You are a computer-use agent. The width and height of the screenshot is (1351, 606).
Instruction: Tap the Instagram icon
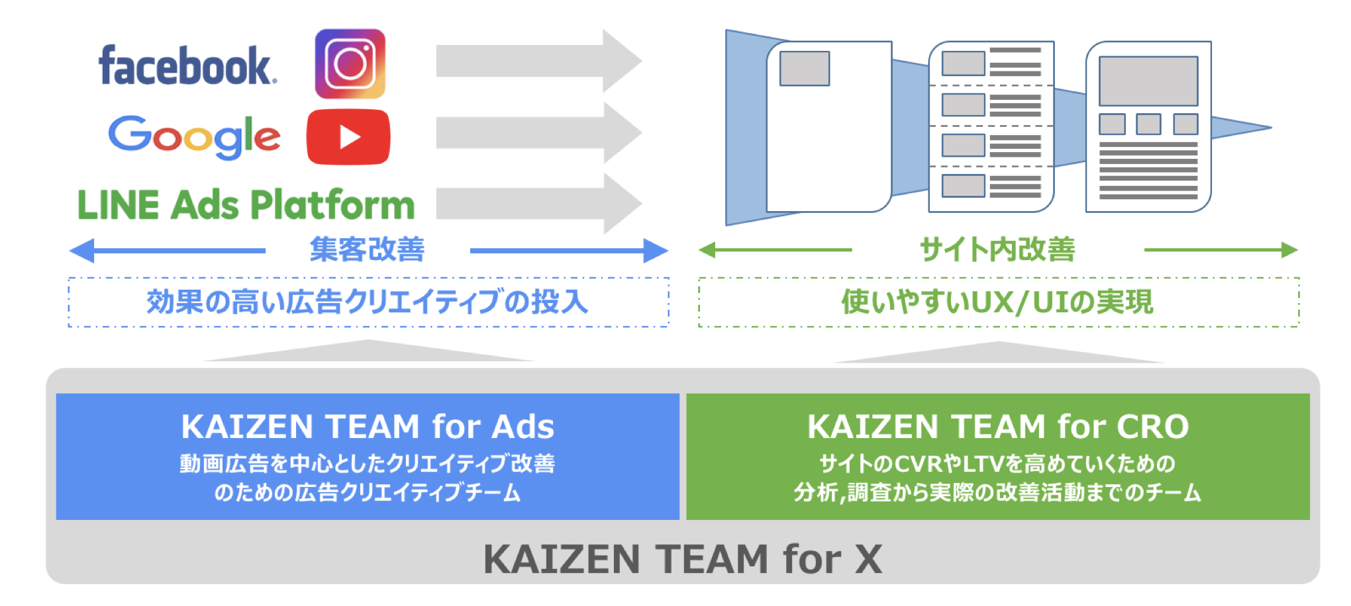(x=350, y=64)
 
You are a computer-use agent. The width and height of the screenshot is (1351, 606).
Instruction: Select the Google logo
(x=194, y=137)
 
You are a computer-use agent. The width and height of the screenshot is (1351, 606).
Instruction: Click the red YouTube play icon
(x=348, y=137)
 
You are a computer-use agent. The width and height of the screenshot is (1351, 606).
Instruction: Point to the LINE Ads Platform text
(x=246, y=204)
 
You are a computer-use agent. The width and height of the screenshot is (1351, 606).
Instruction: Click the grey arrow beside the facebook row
(x=539, y=61)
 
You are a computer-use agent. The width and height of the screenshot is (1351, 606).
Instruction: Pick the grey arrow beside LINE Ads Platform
(x=539, y=204)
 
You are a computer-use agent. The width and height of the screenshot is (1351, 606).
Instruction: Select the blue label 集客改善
(x=367, y=249)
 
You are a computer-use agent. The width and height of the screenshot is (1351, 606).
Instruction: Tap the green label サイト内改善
(x=997, y=249)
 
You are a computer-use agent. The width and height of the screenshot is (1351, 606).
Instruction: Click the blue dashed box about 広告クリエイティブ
(x=368, y=302)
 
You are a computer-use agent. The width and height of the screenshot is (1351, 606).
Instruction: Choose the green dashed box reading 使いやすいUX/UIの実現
(x=999, y=302)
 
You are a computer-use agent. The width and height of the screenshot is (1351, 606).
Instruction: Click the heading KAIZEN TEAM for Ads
(x=368, y=426)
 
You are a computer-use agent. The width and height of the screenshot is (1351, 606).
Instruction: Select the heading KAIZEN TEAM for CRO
(x=998, y=426)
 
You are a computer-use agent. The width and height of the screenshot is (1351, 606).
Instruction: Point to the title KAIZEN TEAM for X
(x=683, y=559)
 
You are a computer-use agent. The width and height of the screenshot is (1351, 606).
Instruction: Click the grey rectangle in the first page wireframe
(x=805, y=68)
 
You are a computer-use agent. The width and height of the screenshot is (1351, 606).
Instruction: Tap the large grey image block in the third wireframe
(x=1148, y=81)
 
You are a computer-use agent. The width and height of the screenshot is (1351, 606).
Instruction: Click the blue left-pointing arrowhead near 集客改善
(x=82, y=251)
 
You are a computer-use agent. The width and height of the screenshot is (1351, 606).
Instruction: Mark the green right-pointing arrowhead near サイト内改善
(x=1289, y=250)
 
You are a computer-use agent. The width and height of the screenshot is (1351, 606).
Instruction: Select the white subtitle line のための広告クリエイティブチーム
(x=368, y=492)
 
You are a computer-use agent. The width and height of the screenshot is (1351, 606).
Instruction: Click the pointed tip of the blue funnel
(x=1271, y=127)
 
